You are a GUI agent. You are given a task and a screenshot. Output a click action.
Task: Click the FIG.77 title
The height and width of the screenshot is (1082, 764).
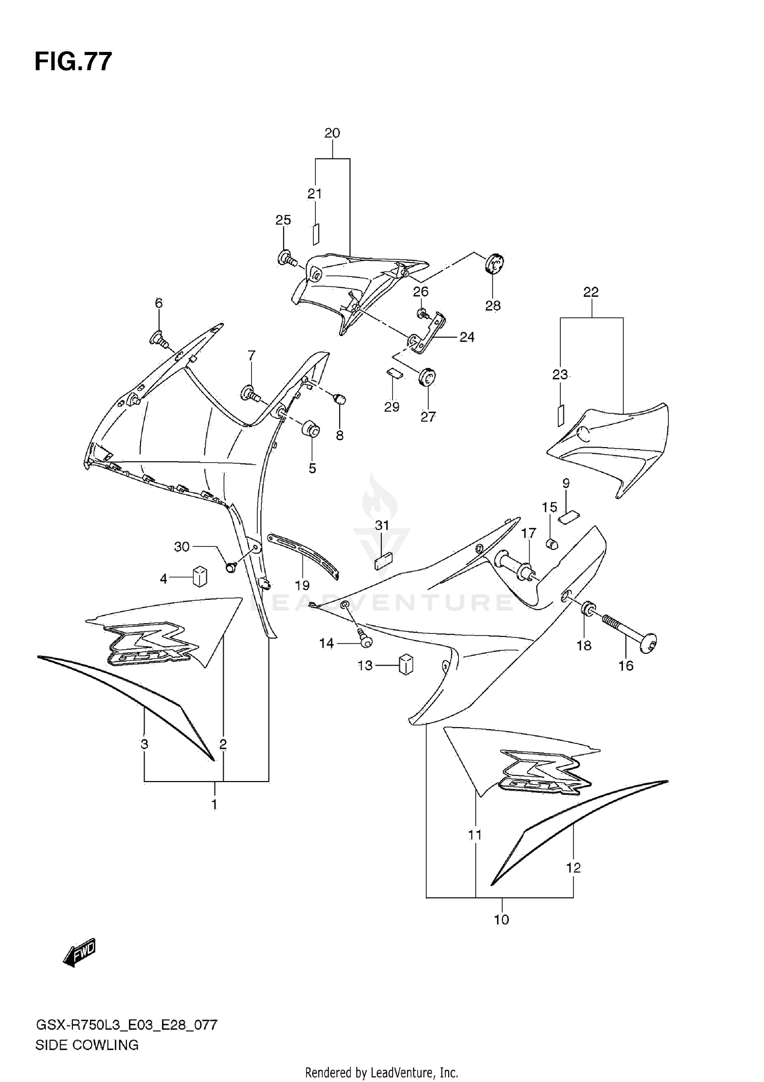pos(73,62)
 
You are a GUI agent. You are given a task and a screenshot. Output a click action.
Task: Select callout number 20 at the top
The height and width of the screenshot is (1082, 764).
pos(332,133)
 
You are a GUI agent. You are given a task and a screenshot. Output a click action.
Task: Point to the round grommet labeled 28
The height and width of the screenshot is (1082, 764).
pos(494,263)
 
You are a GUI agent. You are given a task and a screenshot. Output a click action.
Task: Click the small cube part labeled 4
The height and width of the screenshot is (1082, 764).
pos(200,576)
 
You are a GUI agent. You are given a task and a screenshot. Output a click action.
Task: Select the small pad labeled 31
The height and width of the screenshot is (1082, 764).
pos(383,562)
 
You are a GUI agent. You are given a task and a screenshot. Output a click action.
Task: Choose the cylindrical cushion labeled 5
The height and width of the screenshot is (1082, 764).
pos(311,430)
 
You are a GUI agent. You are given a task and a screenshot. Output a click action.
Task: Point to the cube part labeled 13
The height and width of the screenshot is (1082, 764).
pos(405,664)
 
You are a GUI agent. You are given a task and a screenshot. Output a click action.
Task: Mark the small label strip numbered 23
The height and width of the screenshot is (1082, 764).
pos(560,415)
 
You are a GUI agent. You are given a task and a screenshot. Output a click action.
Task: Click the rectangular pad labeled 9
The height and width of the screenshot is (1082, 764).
pos(568,518)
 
